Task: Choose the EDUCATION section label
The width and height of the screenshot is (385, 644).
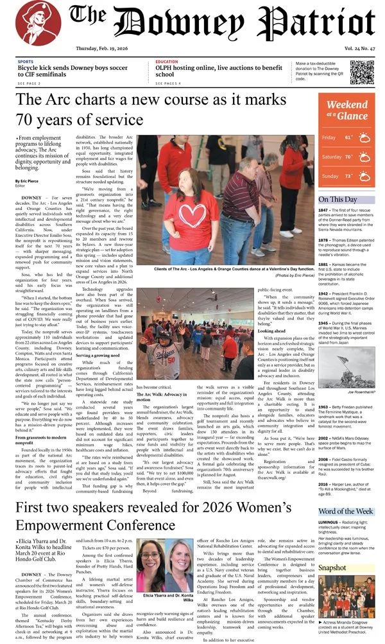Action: point(167,62)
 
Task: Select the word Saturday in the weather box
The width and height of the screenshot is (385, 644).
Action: point(332,157)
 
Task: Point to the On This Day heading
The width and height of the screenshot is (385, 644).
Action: point(338,199)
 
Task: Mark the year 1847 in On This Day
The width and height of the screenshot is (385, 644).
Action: point(323,211)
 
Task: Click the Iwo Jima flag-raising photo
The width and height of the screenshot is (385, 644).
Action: point(346,367)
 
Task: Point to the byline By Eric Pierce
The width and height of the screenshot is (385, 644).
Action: point(26,182)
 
